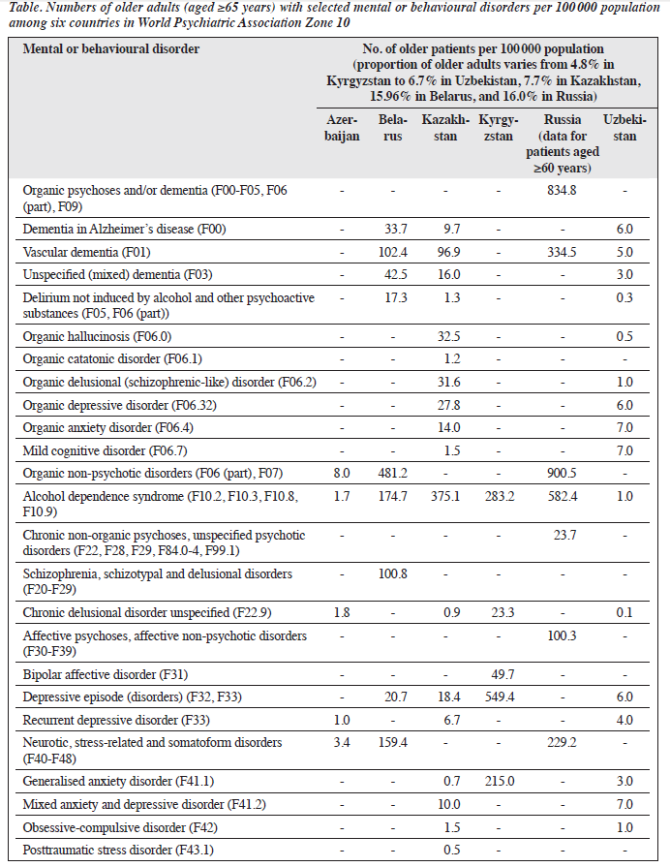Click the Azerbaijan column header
342,128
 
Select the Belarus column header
392,128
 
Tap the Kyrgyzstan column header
498,128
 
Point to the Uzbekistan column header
624,128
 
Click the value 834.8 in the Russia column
563,190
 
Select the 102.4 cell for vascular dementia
392,252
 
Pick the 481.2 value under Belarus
392,474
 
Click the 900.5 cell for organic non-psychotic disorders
563,474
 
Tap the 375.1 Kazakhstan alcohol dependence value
445,497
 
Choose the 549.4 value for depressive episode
500,697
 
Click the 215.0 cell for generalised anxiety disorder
500,782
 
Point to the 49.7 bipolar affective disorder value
502,674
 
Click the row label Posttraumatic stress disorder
118,850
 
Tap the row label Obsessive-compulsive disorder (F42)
120,827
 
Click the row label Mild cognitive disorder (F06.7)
105,451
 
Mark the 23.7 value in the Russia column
565,536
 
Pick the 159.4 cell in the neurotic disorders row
392,743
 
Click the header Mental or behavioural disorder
111,49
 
